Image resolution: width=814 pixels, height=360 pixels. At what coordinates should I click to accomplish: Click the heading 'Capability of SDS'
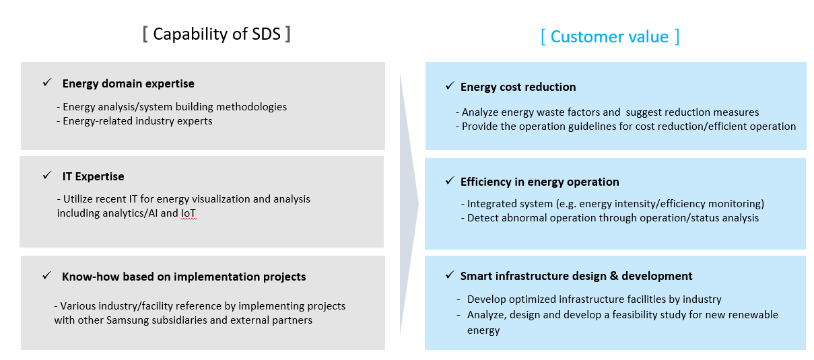(217, 34)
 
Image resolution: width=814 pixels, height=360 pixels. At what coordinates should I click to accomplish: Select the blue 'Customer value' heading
(609, 37)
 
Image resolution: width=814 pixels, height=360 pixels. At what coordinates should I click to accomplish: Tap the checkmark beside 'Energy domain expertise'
(47, 83)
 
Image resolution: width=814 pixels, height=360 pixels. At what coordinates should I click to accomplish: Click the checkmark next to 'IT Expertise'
(47, 176)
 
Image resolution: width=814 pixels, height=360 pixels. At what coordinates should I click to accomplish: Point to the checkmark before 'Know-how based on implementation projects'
(47, 275)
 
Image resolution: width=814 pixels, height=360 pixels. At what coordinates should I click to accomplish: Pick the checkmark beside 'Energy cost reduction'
(450, 85)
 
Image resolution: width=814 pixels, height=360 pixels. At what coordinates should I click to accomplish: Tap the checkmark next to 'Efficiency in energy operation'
(450, 180)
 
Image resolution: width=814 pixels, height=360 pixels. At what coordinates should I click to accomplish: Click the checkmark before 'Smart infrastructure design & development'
(450, 275)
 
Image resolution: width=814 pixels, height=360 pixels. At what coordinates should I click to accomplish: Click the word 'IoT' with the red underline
(189, 213)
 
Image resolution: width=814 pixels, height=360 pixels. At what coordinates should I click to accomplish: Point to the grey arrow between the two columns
(409, 204)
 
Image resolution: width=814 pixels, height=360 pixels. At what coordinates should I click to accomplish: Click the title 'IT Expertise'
(93, 176)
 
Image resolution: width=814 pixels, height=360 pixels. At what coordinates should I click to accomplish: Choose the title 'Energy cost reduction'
(518, 87)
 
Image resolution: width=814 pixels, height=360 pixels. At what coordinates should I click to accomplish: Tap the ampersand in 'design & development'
(614, 276)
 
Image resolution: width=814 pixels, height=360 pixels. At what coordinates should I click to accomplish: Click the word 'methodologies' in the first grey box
(251, 107)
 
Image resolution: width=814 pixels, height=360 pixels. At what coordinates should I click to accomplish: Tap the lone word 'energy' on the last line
(483, 331)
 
